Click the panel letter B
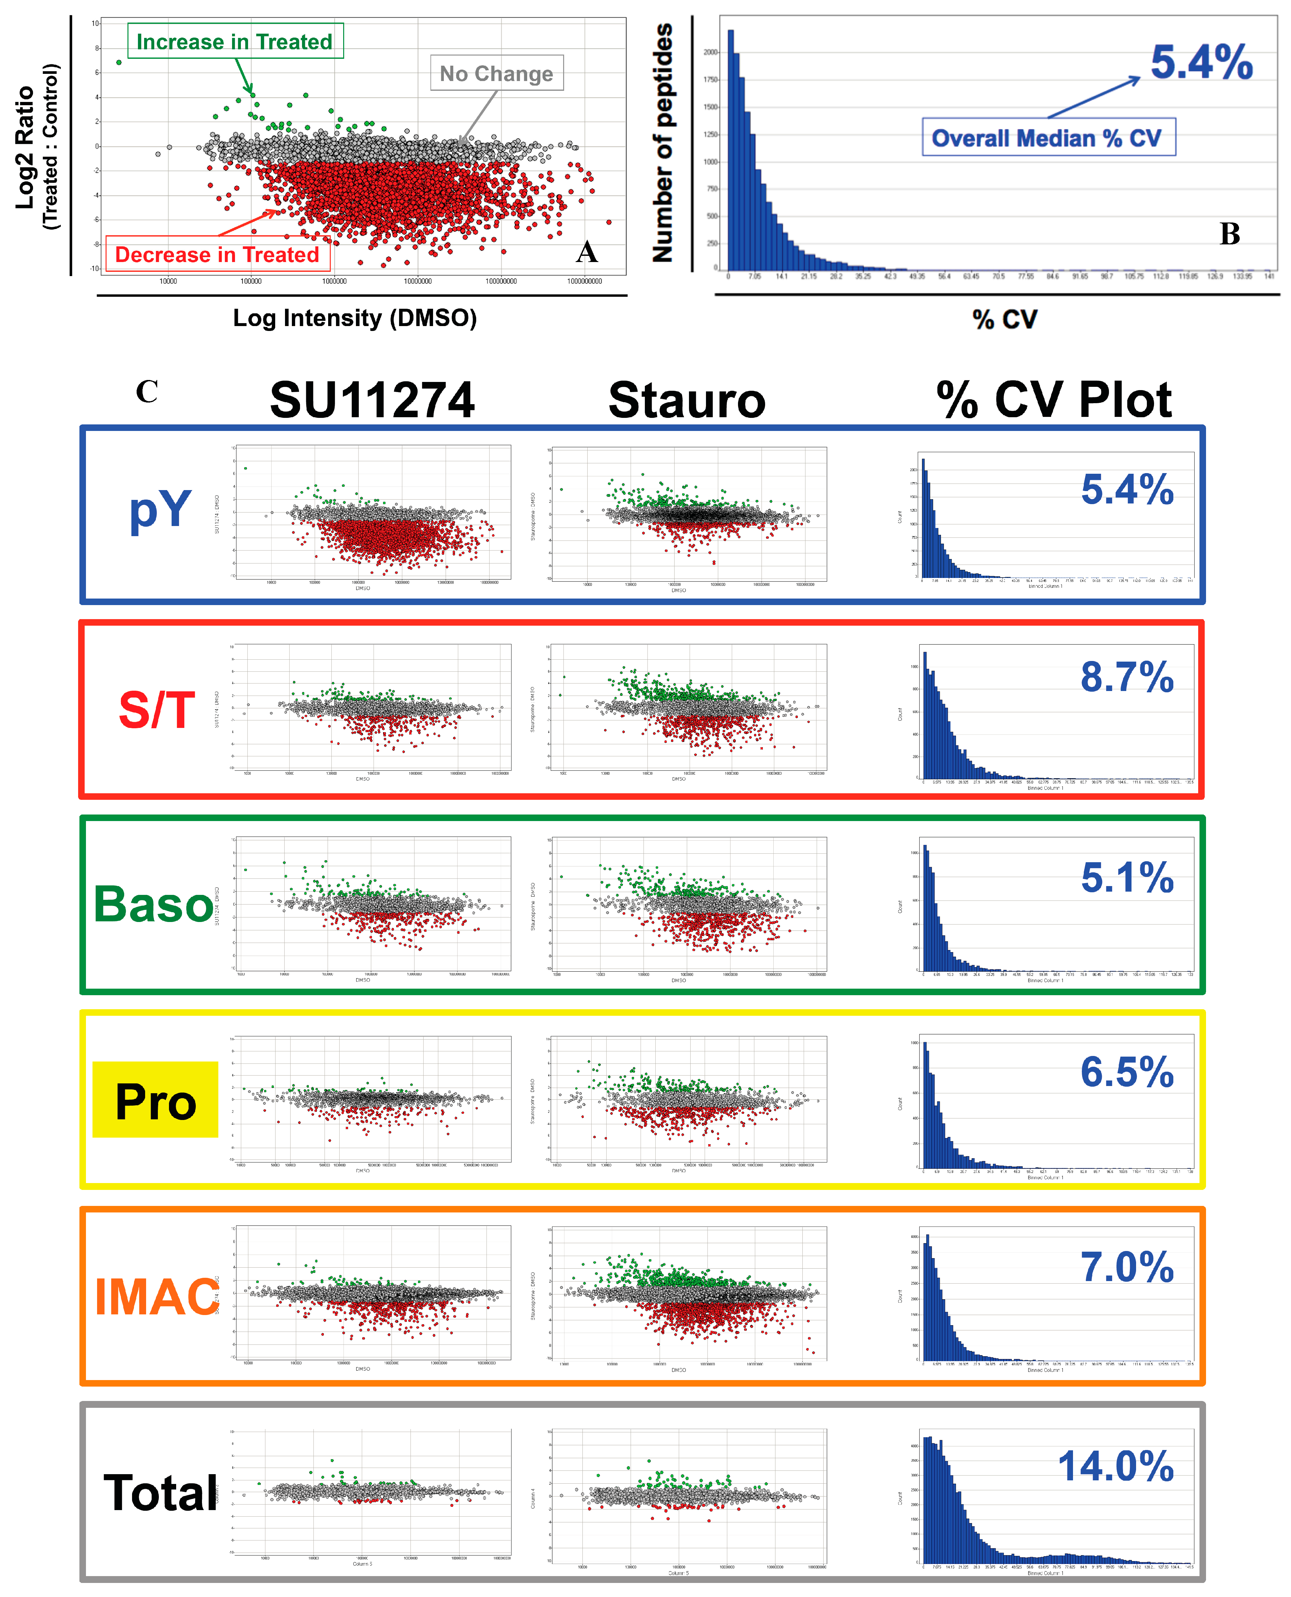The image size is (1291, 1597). [1229, 234]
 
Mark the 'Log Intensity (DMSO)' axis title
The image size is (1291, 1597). [355, 318]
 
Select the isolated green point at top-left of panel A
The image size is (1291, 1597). [119, 62]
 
